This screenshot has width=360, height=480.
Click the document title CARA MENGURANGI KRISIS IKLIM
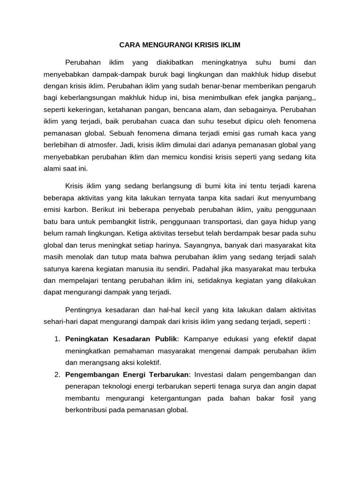180,45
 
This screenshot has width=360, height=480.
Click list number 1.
56,339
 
